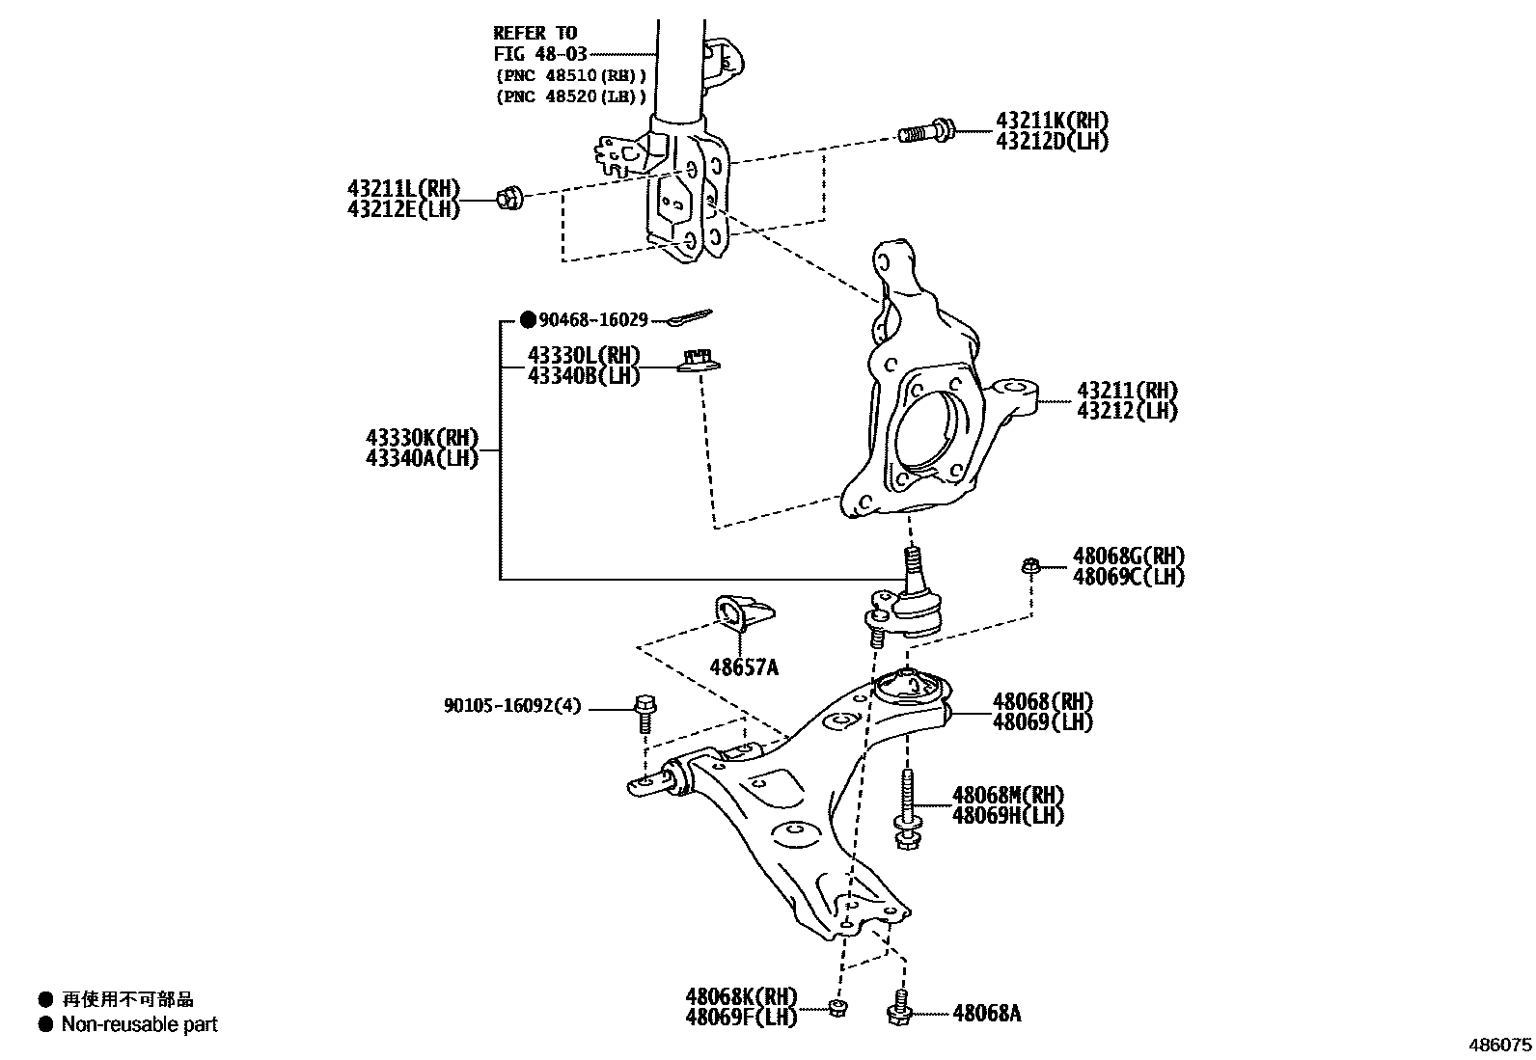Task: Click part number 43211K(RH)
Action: click(1052, 121)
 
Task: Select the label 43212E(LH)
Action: click(403, 208)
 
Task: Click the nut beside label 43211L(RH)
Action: click(508, 200)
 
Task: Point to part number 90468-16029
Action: click(592, 319)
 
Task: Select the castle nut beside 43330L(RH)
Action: click(700, 362)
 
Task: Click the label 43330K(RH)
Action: click(422, 438)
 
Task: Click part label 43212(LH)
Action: click(1127, 411)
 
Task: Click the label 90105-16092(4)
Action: click(512, 706)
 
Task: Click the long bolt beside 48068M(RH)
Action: click(908, 805)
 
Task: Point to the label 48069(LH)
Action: click(1042, 722)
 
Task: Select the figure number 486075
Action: click(1499, 1045)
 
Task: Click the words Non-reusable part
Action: click(140, 1024)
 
